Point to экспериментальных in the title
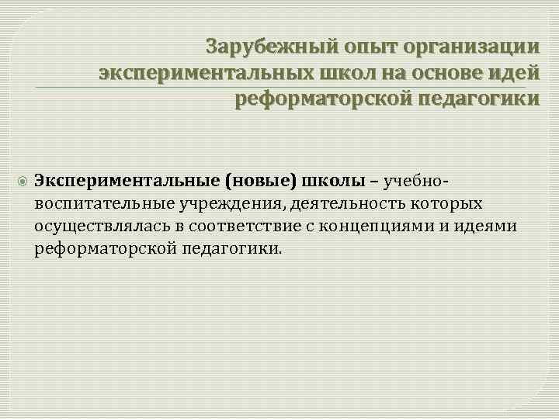(204, 73)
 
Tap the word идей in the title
(514, 73)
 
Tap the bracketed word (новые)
(261, 182)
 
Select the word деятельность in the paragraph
(349, 204)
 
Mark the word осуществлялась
(94, 227)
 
